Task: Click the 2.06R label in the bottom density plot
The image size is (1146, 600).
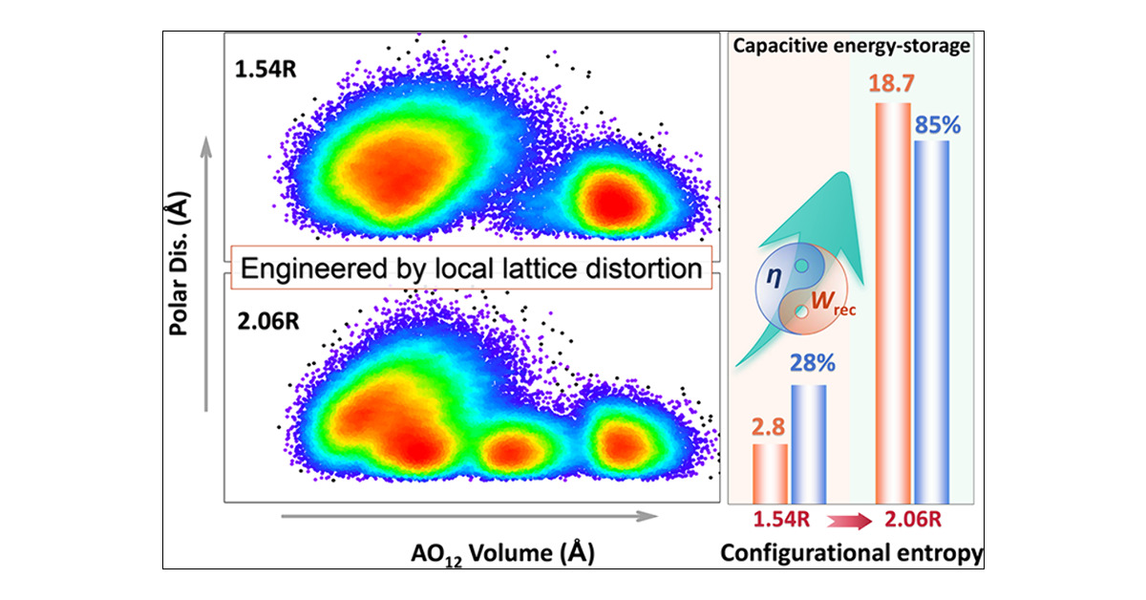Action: click(266, 317)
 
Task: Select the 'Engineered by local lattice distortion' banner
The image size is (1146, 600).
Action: click(471, 268)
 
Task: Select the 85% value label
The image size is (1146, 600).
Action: click(933, 124)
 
